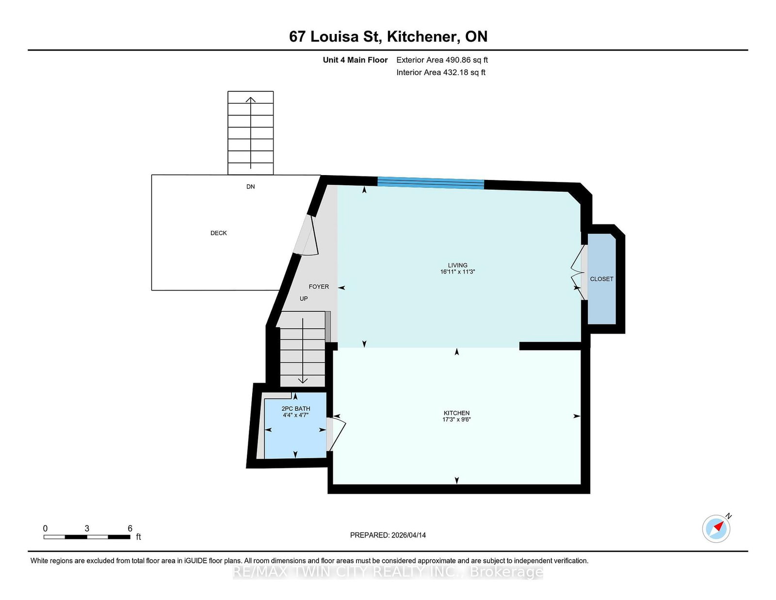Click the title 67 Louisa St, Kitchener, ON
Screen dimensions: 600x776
tap(388, 37)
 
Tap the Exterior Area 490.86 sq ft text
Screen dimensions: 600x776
tap(442, 60)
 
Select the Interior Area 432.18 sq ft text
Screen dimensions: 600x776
tap(441, 72)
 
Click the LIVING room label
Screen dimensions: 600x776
tap(457, 265)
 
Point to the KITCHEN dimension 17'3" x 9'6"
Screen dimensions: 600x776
tap(456, 420)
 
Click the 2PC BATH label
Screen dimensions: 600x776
tap(295, 409)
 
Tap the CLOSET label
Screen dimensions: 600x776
tap(601, 279)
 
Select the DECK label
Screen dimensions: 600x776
tap(218, 233)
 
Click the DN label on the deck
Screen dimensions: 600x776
tap(250, 187)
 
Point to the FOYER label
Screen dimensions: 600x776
tap(319, 287)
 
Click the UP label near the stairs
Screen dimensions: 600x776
tap(304, 299)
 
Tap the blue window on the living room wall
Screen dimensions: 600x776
tap(431, 183)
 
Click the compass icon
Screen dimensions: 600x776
tap(716, 529)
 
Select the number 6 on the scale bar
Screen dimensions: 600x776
tap(130, 529)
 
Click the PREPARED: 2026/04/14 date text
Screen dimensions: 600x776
tap(388, 535)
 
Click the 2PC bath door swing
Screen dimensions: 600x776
tap(336, 433)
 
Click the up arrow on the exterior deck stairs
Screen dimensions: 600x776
tap(250, 101)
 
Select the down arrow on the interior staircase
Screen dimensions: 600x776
tap(303, 380)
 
